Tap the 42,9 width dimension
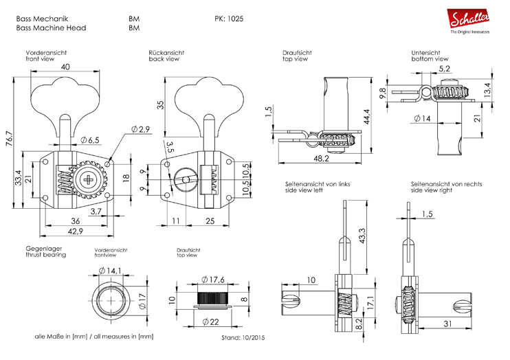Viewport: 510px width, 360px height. coord(66,232)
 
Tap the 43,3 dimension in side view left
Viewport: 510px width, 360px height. coord(362,234)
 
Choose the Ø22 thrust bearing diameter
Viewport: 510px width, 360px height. coord(210,322)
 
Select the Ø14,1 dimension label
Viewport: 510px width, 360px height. coord(109,269)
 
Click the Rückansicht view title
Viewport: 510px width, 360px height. coord(166,52)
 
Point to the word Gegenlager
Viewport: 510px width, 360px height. coord(44,248)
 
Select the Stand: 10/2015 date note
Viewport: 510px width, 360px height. coord(243,338)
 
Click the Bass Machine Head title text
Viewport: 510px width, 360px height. coord(50,28)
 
